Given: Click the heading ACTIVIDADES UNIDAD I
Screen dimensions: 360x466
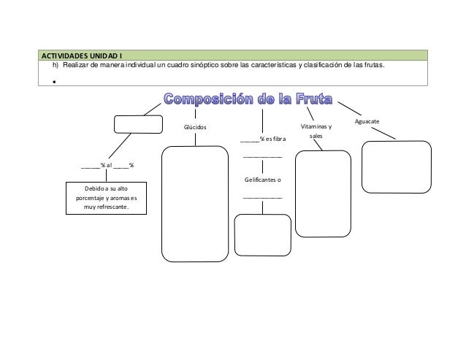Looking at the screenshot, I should (80, 55).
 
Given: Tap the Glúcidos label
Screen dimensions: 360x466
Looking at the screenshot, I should (195, 127).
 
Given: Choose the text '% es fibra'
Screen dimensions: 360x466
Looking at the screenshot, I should (270, 139).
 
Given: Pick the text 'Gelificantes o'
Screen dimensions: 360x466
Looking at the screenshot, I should (263, 180).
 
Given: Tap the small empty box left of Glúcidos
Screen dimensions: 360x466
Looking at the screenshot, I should (138, 124).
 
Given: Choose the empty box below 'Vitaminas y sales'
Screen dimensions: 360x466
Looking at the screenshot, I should (321, 194).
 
